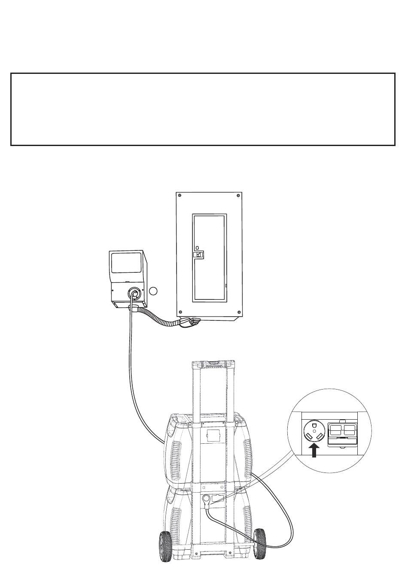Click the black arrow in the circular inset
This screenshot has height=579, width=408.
315,451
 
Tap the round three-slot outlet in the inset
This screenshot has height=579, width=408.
314,432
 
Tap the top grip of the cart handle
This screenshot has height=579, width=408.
213,366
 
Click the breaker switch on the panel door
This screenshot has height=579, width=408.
198,255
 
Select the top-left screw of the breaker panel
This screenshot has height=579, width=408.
180,196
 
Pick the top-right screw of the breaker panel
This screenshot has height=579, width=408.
238,196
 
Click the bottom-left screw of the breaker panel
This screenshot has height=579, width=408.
180,312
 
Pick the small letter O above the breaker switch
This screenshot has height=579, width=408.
197,248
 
